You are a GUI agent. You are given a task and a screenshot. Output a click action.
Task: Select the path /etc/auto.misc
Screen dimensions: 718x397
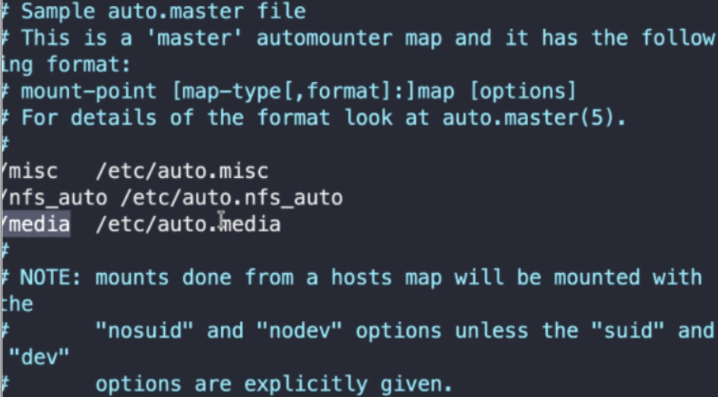[182, 172]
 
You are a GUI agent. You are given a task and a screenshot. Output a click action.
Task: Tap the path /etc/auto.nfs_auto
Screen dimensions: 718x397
[231, 198]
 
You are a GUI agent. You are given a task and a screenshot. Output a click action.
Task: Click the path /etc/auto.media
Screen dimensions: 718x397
[188, 224]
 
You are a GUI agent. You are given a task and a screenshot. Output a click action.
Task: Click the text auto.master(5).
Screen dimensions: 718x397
[534, 119]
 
